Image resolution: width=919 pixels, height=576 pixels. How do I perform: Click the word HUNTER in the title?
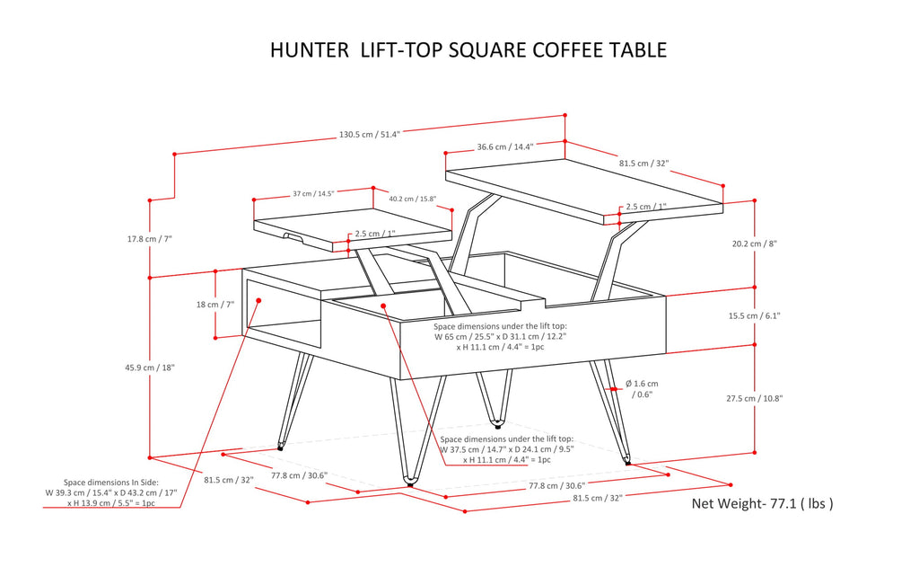(310, 49)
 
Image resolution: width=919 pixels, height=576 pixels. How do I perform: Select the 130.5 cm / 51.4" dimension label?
(369, 135)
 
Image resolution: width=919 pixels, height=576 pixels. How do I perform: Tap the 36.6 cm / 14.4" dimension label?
(505, 146)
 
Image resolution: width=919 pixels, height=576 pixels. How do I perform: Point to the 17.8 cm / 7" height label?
(149, 239)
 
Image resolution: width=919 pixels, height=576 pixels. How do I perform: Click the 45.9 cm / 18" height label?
(149, 368)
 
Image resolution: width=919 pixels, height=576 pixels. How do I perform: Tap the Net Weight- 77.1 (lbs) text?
(762, 503)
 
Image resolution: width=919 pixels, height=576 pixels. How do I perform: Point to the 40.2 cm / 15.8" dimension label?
(413, 199)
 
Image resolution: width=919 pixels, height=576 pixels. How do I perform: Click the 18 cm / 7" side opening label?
(214, 305)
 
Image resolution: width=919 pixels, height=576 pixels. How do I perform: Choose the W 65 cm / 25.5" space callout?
(500, 337)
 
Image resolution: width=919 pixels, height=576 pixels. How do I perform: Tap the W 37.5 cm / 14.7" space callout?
(506, 449)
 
